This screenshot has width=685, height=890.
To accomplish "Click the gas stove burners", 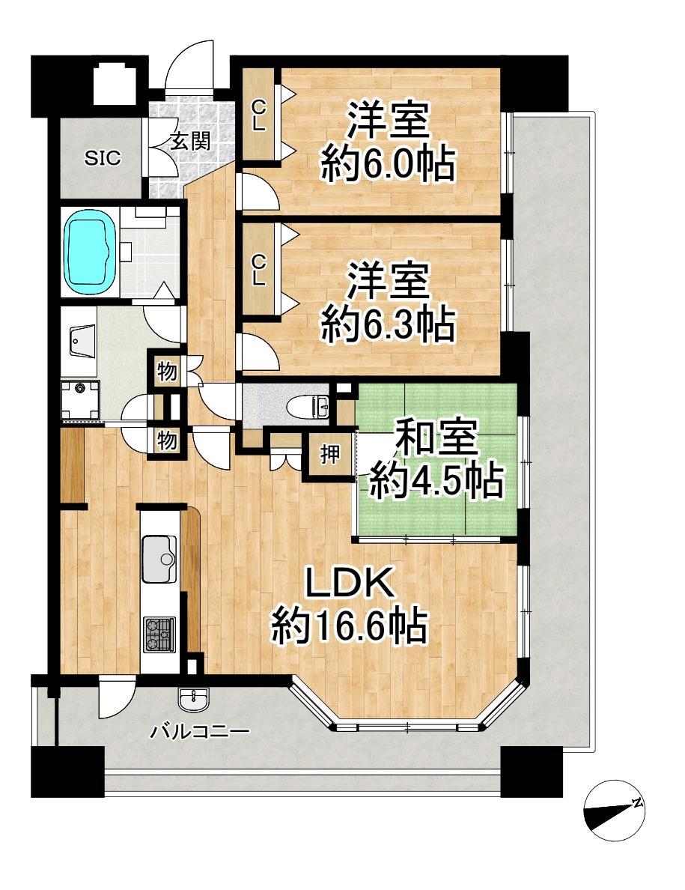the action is coord(159,634).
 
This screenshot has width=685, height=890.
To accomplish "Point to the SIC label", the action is coord(103,157).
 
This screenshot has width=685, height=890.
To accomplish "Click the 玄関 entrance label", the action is coord(191,141).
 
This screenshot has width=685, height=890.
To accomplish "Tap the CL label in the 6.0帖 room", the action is coord(258,115).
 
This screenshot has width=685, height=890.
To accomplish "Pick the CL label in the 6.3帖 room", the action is coord(258,270).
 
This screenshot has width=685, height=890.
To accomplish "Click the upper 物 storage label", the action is coord(167,372).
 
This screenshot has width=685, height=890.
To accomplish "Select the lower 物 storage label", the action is coord(167,441).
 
